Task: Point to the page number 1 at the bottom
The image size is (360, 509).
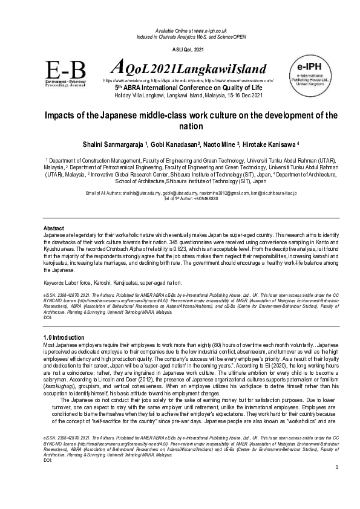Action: pyautogui.click(x=336, y=484)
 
